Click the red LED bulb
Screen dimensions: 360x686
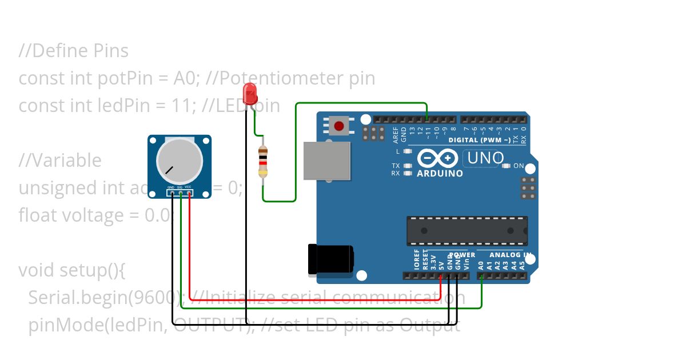[250, 93]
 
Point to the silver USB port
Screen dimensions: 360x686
[327, 161]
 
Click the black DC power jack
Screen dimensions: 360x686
[330, 259]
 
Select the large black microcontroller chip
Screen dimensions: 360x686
[466, 230]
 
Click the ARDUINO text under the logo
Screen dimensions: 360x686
[440, 173]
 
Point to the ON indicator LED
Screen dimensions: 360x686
[506, 166]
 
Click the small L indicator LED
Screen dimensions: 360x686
[408, 151]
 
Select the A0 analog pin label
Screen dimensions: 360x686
[481, 265]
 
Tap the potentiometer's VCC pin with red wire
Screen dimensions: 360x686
[189, 193]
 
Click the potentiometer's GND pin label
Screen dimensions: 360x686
[170, 187]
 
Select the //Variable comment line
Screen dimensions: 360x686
[60, 161]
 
